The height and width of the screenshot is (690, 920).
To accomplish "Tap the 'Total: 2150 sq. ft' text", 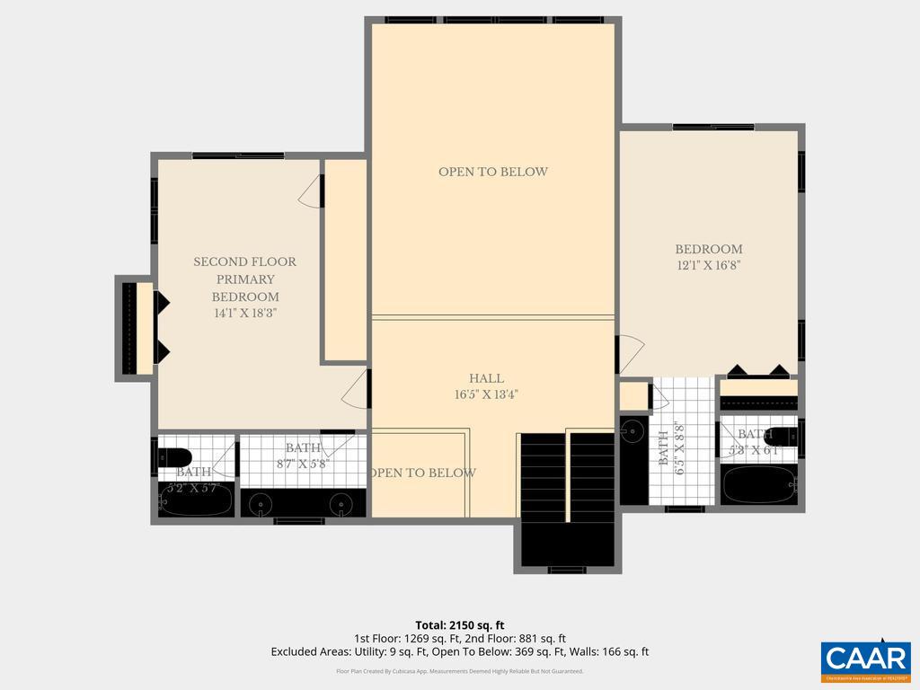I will [460, 624].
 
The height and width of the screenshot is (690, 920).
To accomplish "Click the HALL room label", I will [486, 378].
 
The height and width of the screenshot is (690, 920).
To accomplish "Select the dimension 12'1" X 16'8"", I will [709, 265].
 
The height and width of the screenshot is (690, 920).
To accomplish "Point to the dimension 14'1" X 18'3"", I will [245, 314].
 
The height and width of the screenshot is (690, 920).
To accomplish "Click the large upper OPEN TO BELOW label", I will [492, 172].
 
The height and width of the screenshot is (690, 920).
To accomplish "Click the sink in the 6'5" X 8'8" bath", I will [633, 431].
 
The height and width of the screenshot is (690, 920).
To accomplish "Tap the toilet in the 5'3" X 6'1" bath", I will [783, 437].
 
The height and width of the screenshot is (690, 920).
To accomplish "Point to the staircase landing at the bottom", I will [567, 544].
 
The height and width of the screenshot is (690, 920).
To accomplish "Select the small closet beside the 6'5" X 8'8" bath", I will [633, 396].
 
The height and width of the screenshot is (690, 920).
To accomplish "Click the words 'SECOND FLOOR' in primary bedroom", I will [245, 262].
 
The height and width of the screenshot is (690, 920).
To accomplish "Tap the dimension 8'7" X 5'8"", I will [303, 464].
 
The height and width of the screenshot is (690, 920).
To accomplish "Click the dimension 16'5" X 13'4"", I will [486, 394].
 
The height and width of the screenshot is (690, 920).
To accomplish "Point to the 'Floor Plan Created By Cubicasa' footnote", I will [460, 671].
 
